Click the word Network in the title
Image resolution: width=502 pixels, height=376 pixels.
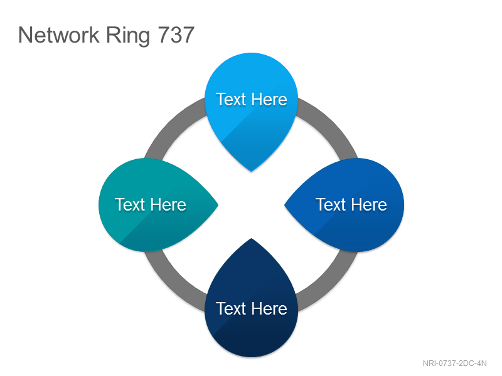coord(59,35)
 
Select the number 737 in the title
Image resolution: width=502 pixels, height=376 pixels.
coord(176,35)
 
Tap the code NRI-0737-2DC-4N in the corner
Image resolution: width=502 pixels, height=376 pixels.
coord(454,363)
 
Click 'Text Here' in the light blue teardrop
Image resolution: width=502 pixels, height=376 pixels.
coord(252,99)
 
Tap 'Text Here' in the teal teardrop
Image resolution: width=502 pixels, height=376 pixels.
coord(151,205)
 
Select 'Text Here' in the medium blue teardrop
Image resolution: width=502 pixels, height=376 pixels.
coord(351,205)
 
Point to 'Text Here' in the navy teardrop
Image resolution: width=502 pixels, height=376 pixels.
coord(252,308)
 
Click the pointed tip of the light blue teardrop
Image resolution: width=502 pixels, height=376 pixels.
coord(252,171)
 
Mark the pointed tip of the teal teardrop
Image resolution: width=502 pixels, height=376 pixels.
coord(218,205)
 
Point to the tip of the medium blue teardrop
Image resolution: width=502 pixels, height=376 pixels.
coord(285,205)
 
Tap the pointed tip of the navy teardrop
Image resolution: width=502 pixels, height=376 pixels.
coord(252,239)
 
